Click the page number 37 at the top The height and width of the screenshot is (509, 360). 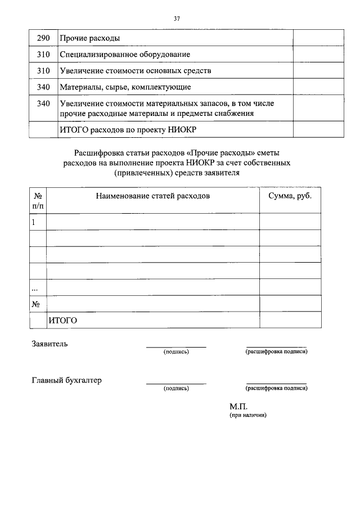coord(177,18)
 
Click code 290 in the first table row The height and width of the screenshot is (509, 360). coord(43,38)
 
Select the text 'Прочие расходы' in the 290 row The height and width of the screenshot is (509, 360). coord(89,38)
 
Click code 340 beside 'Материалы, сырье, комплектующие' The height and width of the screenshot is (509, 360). coord(43,87)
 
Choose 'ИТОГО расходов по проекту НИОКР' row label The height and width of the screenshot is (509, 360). coord(128,129)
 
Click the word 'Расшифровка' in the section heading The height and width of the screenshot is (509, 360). coord(97,153)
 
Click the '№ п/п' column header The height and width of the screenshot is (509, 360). coord(38,201)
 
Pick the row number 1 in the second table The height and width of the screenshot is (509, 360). coord(34,222)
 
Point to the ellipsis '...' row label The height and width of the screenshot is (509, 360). coord(35,287)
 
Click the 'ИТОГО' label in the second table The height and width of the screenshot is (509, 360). coord(62,320)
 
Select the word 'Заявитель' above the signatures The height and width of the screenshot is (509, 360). coord(49,344)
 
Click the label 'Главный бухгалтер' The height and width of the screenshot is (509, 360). coord(66,380)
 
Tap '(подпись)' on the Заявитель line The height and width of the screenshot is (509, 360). coord(176,352)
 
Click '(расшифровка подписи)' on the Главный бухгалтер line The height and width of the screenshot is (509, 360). coord(276,388)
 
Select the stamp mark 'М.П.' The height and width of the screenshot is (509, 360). coord(238,406)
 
